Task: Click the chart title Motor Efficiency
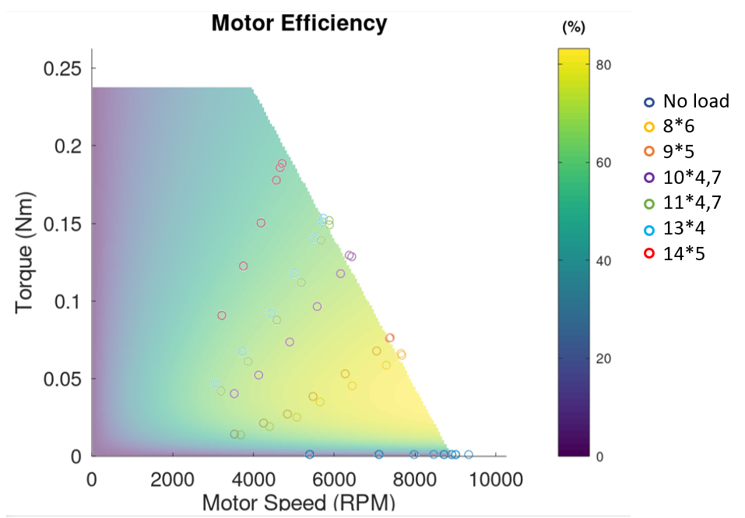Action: pos(299,23)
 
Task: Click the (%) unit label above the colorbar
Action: pos(573,27)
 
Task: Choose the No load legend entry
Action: pos(695,101)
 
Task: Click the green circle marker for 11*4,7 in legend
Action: pos(648,203)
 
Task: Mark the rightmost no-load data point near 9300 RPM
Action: pos(469,454)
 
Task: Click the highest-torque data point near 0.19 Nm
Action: pos(283,164)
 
